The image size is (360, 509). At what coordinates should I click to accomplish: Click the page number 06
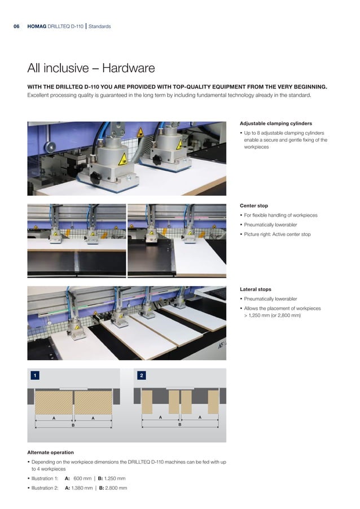click(16, 27)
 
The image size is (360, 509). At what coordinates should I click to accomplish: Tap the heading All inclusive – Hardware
click(91, 69)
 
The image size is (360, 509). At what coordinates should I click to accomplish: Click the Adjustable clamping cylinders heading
click(276, 123)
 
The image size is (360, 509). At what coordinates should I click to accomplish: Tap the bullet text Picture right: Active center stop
click(277, 234)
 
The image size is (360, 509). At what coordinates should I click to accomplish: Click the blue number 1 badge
click(35, 375)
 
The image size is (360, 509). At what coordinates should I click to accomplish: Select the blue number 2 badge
click(141, 375)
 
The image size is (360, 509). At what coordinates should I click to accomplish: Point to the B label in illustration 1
click(73, 427)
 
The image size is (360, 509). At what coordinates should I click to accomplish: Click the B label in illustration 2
click(179, 424)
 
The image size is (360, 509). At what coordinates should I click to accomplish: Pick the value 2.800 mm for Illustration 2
click(116, 488)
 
